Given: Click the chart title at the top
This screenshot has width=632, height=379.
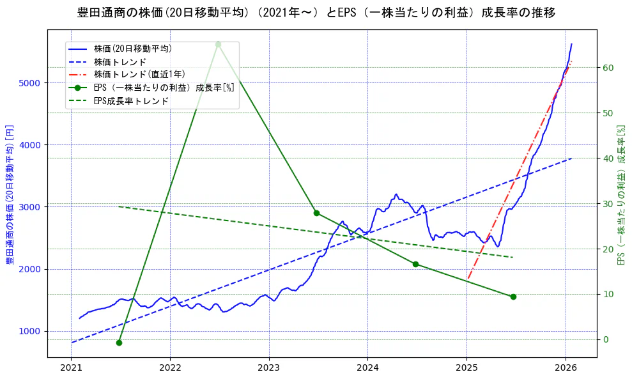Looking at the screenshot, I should pos(316,13).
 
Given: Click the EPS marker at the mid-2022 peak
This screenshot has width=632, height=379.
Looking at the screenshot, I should pos(218,44).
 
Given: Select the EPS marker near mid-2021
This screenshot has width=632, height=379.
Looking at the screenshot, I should pos(119,343).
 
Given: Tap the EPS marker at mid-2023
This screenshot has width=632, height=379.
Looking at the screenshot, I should pos(316,213).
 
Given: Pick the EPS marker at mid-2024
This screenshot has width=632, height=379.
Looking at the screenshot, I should pos(415,264).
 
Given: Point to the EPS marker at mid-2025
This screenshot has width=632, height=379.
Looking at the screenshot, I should pos(513,297).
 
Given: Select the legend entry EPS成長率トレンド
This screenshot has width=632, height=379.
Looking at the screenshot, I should pos(131,101).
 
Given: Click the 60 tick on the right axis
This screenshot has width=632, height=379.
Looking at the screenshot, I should pos(608,68).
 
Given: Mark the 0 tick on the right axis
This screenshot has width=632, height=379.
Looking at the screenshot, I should pos(605,339).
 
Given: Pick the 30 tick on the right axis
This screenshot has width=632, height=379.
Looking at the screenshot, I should pos(608,204).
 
